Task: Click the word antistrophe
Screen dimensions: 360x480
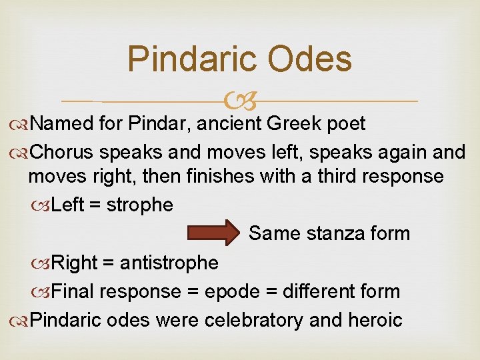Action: point(169,263)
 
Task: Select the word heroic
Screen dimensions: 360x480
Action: point(374,320)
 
